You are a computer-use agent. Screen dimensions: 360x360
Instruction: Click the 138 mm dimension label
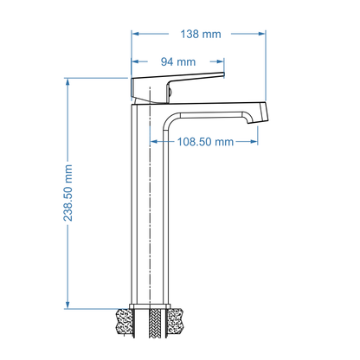(201, 34)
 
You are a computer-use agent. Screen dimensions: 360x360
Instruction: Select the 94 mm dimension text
(178, 61)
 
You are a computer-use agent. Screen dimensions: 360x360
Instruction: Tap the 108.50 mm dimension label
(205, 142)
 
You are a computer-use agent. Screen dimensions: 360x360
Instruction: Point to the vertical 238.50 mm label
(67, 193)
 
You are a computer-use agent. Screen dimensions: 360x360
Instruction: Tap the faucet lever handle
(177, 87)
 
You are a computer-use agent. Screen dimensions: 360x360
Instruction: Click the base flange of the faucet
(150, 306)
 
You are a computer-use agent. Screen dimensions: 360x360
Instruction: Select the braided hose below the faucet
(155, 324)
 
